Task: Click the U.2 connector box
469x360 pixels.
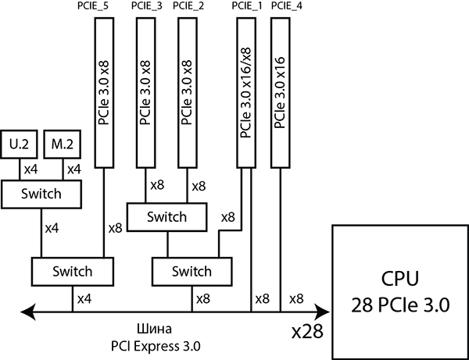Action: point(19,144)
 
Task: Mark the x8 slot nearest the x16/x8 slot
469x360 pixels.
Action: point(187,92)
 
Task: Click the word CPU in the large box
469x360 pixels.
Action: point(401,279)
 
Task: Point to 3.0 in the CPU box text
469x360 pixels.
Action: point(436,305)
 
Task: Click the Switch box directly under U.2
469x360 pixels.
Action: point(41,194)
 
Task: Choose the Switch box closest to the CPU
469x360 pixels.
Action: point(192,272)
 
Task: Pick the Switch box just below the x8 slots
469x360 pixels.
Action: point(167,217)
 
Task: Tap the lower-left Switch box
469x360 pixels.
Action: point(72,272)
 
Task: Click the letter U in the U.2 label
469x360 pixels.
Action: point(13,144)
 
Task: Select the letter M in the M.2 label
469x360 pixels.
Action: point(55,144)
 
